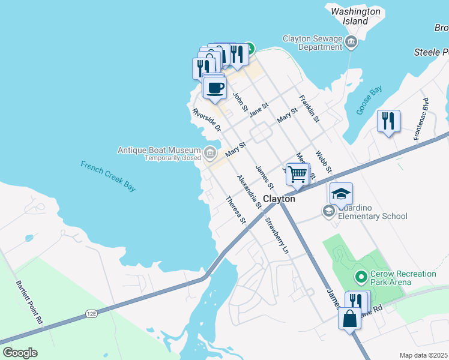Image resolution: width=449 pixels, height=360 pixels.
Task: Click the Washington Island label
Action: tap(355, 16)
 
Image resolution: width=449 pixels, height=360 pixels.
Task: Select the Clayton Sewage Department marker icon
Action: tap(352, 41)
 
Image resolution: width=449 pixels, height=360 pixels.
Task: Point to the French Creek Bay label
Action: tap(109, 175)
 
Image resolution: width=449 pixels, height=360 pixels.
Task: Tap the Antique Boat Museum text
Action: tap(159, 150)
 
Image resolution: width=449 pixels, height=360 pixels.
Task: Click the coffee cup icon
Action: tap(215, 88)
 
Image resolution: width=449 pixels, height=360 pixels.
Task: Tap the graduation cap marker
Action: tap(341, 194)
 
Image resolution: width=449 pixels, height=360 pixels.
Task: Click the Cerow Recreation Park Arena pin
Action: tap(361, 277)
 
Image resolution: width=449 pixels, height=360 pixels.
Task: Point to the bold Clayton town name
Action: tap(280, 199)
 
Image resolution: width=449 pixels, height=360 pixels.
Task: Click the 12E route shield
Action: tap(91, 313)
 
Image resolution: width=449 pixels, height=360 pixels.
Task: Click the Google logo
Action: tap(20, 352)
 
